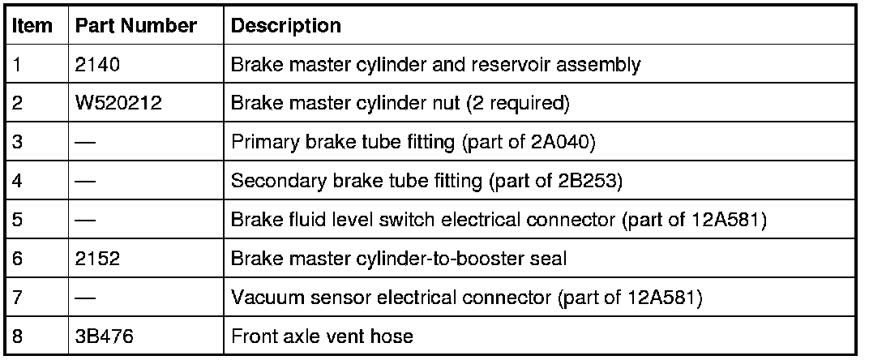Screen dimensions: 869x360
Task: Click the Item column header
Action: click(x=32, y=26)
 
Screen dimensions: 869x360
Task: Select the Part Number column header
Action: click(x=135, y=26)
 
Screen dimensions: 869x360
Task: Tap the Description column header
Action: click(x=286, y=26)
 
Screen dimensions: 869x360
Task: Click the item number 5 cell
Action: click(x=17, y=221)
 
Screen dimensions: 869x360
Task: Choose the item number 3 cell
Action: click(x=17, y=143)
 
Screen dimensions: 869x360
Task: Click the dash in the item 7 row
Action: click(x=84, y=298)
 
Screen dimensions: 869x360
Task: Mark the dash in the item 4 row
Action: click(x=84, y=182)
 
